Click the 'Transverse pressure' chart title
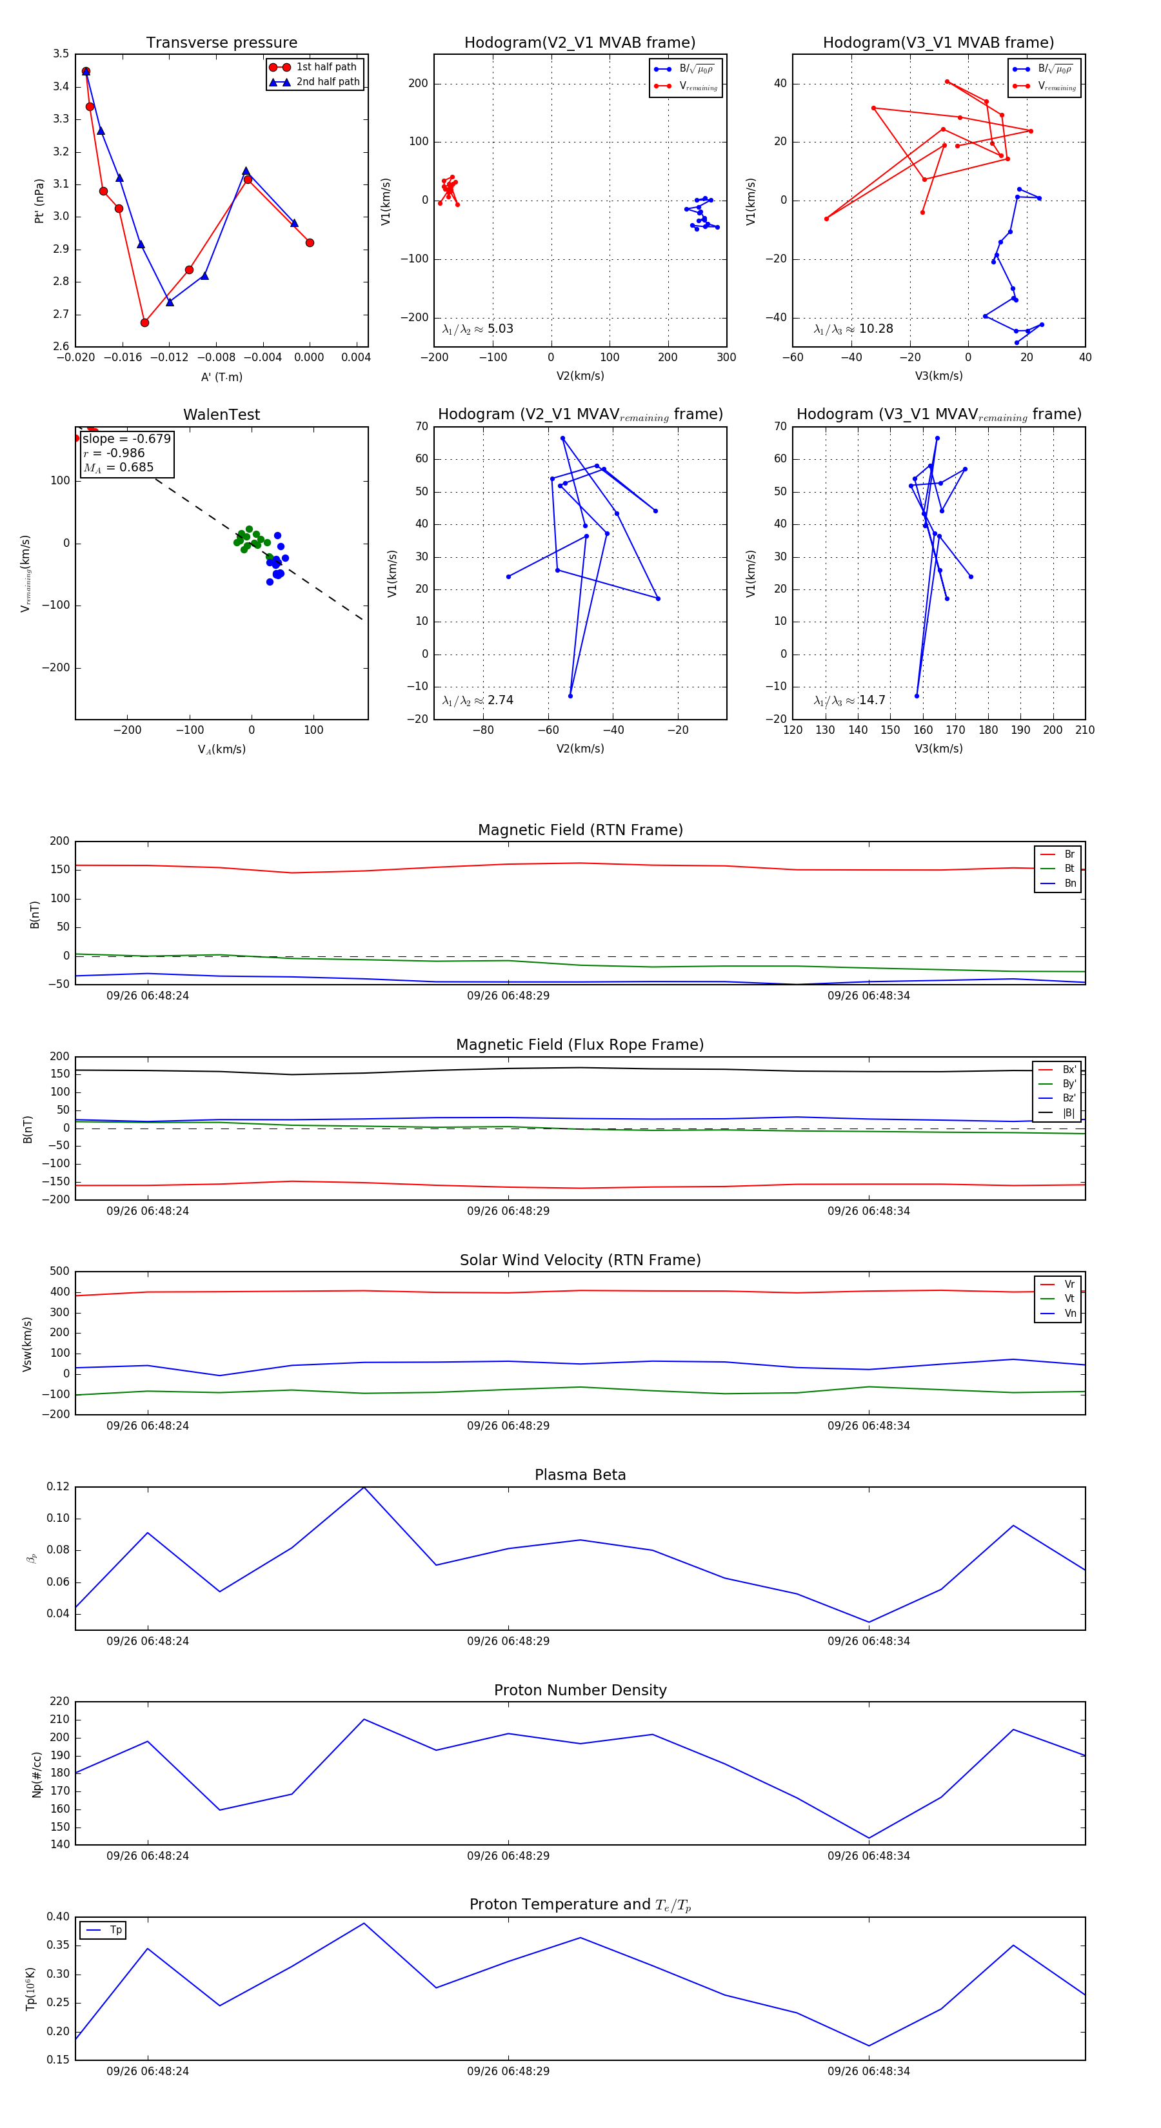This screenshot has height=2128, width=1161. [221, 43]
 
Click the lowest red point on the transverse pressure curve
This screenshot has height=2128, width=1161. [144, 322]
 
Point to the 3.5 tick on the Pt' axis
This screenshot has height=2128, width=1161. [61, 54]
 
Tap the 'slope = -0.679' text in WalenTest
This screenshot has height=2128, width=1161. [126, 438]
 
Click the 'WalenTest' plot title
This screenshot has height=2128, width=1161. [221, 415]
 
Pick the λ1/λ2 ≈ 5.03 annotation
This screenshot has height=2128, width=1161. [477, 329]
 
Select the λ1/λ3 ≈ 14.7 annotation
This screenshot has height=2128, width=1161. [849, 700]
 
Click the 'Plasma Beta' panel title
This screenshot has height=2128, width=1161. [580, 1475]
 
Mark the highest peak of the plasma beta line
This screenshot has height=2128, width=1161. [364, 1488]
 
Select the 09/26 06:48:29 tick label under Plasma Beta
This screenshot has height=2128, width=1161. [508, 1640]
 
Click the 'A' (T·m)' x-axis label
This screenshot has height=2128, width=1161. [221, 377]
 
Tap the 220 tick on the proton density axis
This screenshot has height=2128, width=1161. [59, 1701]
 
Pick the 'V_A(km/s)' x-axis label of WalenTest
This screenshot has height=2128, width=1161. [221, 749]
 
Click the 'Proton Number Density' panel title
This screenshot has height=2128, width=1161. [580, 1690]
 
